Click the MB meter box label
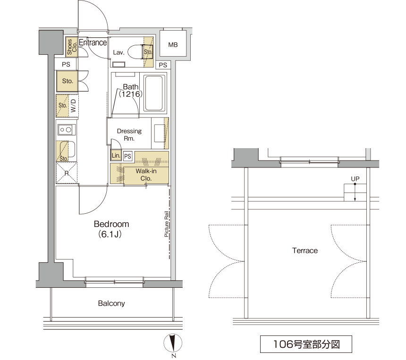pos(173,45)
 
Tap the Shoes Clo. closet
pos(72,47)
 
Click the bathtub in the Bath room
pos(154,93)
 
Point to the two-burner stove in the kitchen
pos(66,130)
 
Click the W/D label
pos(74,106)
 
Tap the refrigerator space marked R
pos(67,173)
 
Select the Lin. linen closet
pos(116,155)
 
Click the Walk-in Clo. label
pos(146,175)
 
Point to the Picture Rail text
pos(167,224)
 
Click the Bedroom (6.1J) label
pos(111,229)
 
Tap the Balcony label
pos(111,303)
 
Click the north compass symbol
pos(173,343)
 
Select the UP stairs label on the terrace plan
pos(355,179)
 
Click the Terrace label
pos(305,251)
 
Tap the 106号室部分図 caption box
pos(306,344)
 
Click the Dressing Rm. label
pos(129,134)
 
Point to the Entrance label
pos(93,42)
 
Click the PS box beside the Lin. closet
pos(127,156)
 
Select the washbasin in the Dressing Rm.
pos(160,133)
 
